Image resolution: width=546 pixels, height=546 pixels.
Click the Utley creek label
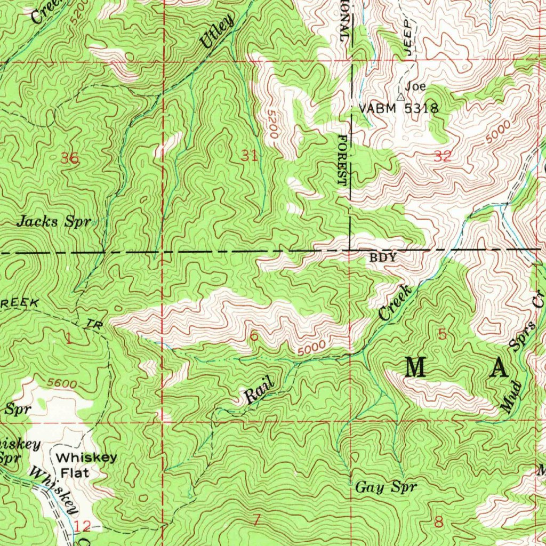click(218, 32)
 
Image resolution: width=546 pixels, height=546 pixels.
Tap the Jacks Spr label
click(54, 222)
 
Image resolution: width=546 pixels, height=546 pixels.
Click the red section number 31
click(249, 156)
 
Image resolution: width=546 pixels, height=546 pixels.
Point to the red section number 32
click(443, 156)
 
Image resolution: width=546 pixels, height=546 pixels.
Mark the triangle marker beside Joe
click(400, 97)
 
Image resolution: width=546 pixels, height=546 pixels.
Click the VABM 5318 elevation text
click(398, 109)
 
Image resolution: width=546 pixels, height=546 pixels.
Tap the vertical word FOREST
click(342, 160)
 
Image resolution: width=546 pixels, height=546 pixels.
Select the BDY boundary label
click(383, 258)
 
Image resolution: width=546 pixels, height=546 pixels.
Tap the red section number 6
click(254, 336)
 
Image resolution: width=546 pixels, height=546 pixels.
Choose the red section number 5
click(442, 335)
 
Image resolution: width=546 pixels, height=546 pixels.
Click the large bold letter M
click(415, 368)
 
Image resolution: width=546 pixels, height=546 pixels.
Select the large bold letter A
click(499, 368)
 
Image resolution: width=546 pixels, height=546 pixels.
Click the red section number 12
click(83, 527)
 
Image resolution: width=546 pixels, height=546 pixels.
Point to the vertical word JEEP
click(409, 37)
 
